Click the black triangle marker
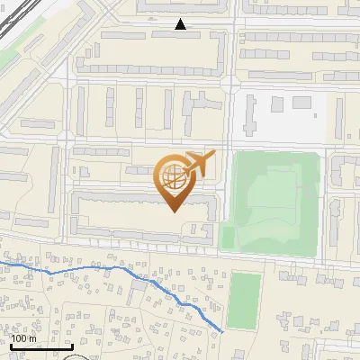181,25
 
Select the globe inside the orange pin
175,177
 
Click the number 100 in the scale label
19,338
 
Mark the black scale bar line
41,346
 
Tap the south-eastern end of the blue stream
221,331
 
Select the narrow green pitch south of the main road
243,300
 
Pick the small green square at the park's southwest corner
227,236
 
